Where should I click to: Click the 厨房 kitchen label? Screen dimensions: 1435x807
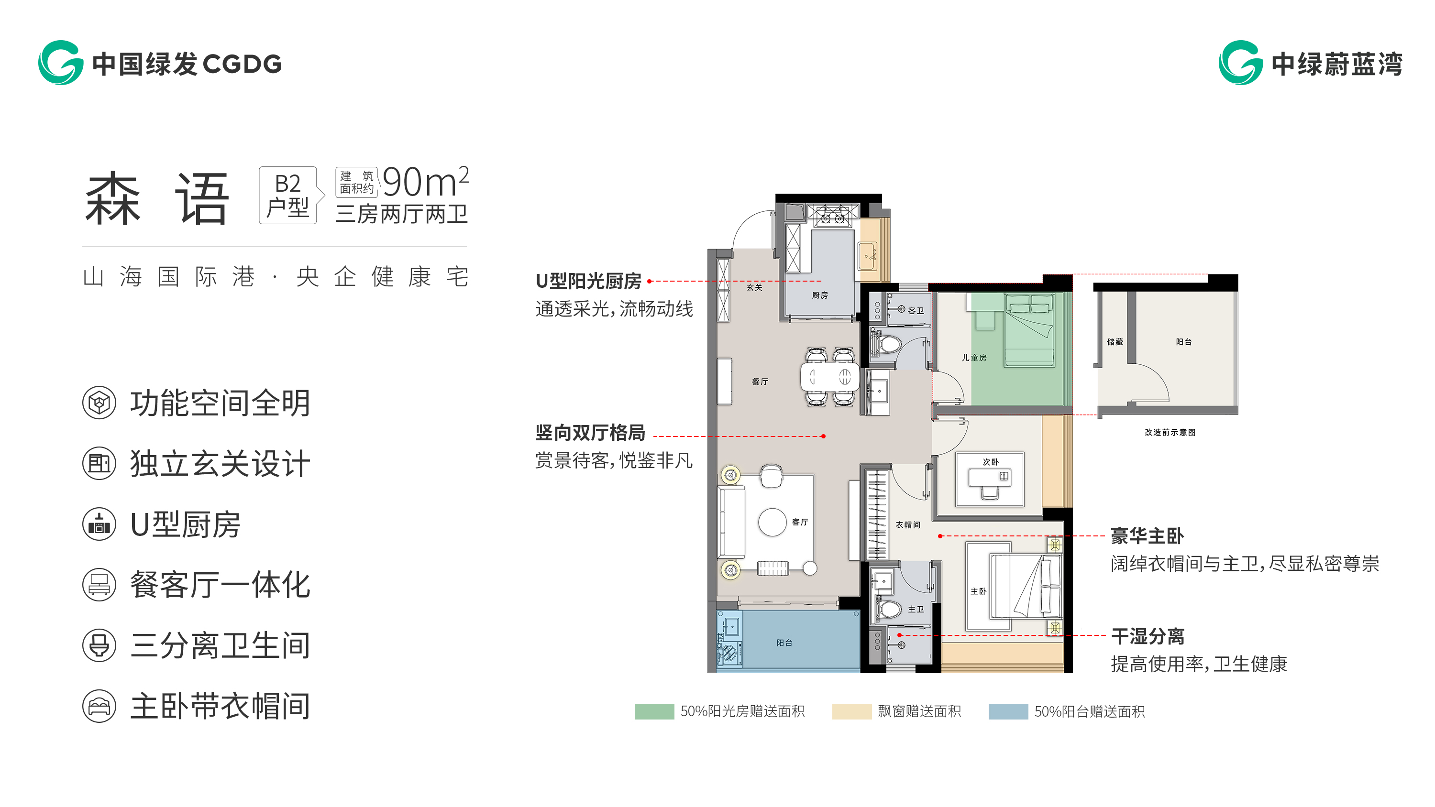pyautogui.click(x=819, y=295)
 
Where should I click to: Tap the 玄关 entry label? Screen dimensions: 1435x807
pyautogui.click(x=754, y=287)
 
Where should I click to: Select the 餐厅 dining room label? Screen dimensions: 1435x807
pyautogui.click(x=760, y=382)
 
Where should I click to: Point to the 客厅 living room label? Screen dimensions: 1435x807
pyautogui.click(x=800, y=522)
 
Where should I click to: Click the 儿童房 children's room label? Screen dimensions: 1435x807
pyautogui.click(x=974, y=358)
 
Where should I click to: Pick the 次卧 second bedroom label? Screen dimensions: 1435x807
pyautogui.click(x=991, y=462)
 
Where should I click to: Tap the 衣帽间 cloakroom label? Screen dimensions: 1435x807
pyautogui.click(x=907, y=524)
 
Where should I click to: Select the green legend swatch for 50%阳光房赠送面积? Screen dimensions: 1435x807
pyautogui.click(x=654, y=711)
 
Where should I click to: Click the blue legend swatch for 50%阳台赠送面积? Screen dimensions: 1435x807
pyautogui.click(x=1008, y=711)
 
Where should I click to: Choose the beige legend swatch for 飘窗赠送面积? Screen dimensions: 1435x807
pyautogui.click(x=852, y=711)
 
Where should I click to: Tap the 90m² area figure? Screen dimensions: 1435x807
pyautogui.click(x=426, y=182)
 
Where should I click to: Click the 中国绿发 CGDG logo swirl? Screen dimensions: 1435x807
pyautogui.click(x=60, y=62)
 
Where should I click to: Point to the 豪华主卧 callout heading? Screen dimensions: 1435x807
pyautogui.click(x=1147, y=536)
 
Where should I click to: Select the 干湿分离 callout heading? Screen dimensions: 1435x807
pyautogui.click(x=1148, y=636)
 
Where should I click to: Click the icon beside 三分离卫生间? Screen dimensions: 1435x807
pyautogui.click(x=99, y=645)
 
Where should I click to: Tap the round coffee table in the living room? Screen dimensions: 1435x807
pyautogui.click(x=772, y=523)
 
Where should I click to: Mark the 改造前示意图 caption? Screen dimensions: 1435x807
pyautogui.click(x=1170, y=432)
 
